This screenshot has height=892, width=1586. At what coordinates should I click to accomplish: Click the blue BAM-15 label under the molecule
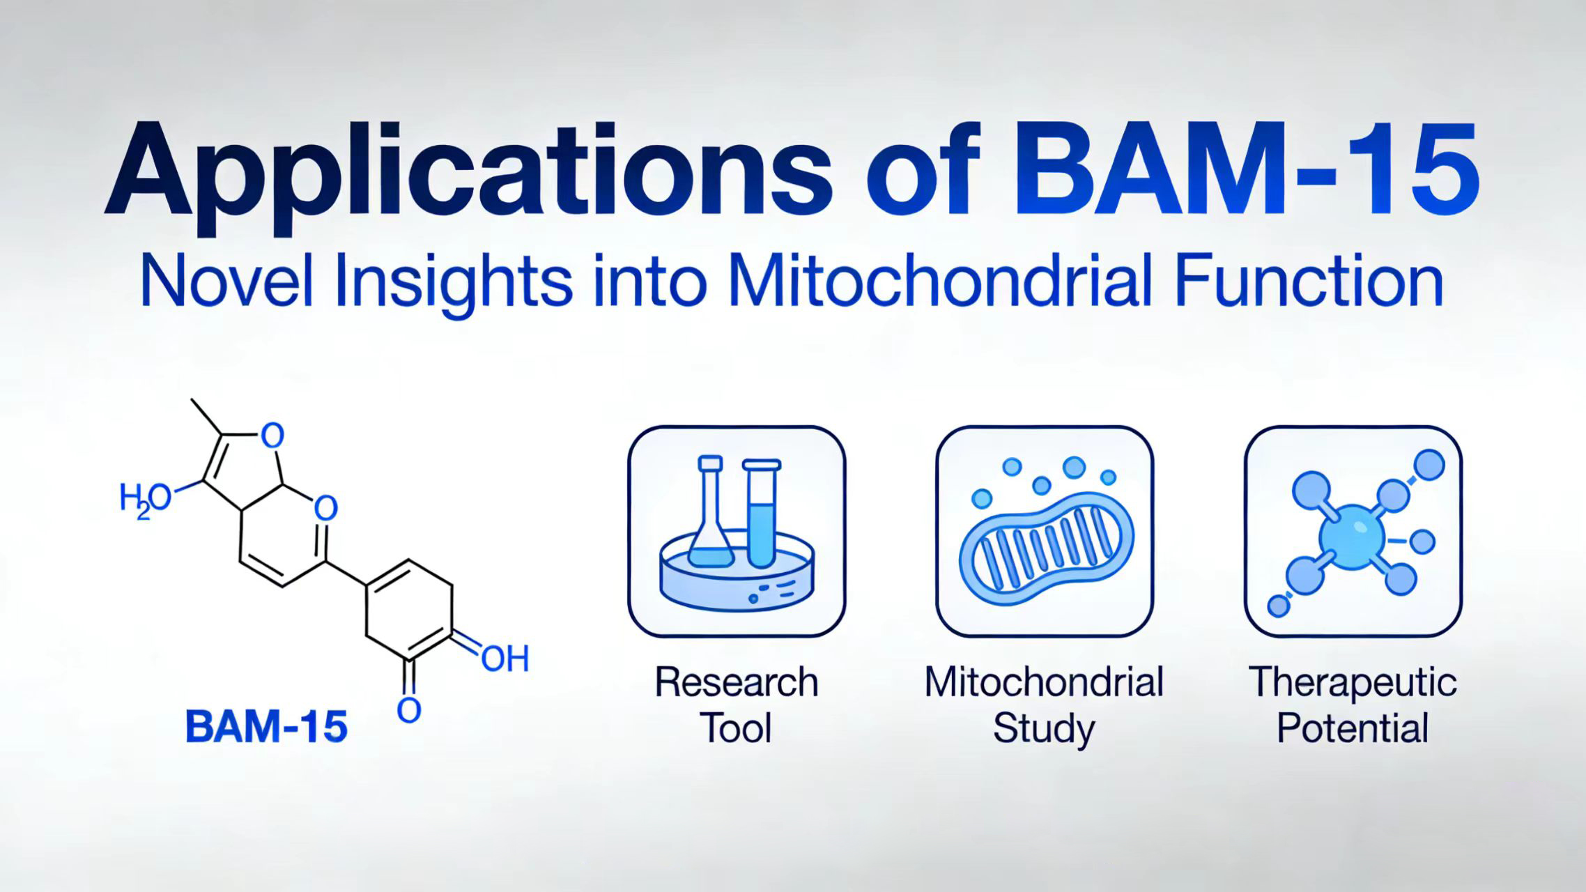(x=266, y=727)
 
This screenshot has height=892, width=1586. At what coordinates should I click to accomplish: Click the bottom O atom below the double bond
(x=409, y=710)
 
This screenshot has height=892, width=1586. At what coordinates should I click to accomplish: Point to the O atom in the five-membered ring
(x=272, y=436)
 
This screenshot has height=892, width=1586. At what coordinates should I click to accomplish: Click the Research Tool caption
(x=737, y=704)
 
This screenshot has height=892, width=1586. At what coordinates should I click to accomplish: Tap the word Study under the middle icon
(x=1043, y=729)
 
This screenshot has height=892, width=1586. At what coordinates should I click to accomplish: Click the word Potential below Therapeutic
(x=1353, y=729)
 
